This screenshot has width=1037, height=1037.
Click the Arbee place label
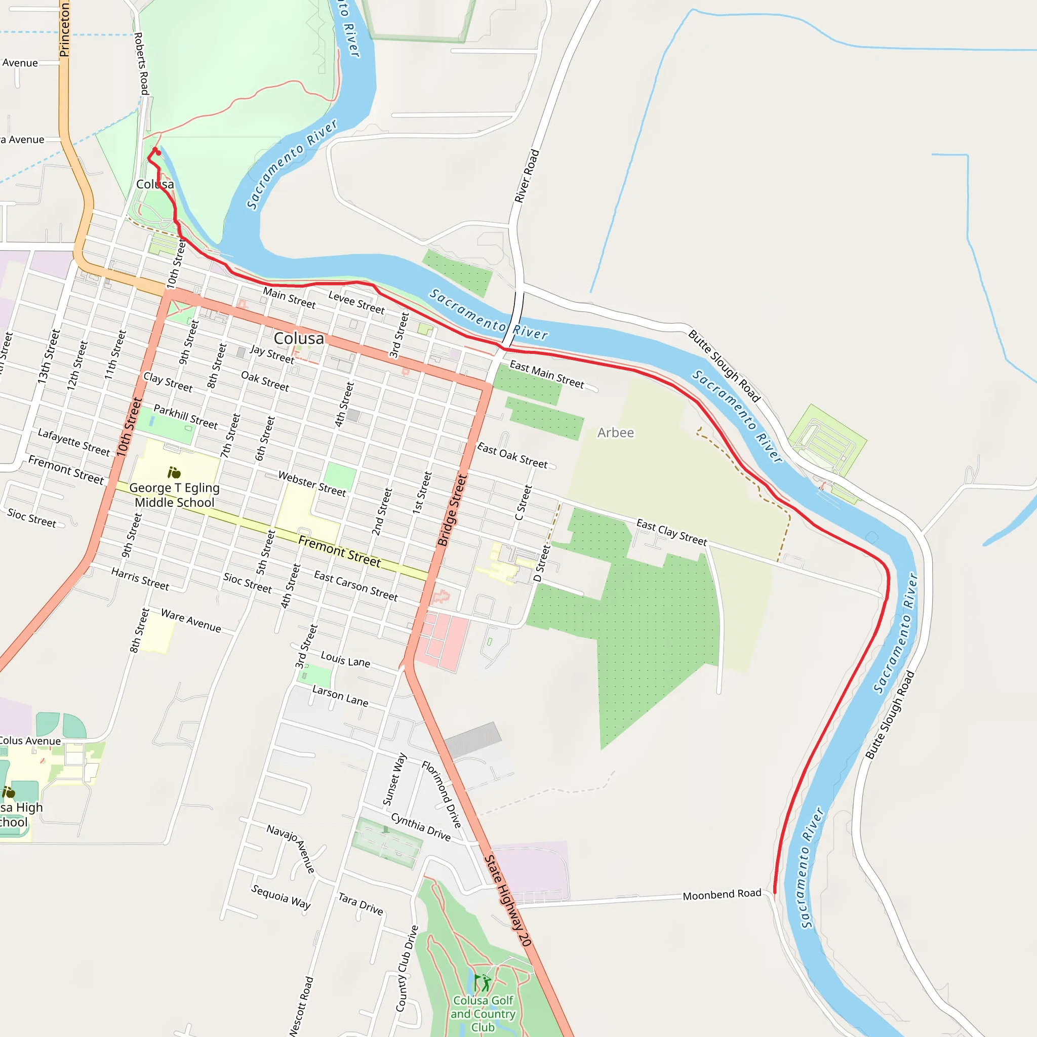[615, 432]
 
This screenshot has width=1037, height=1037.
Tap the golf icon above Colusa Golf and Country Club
[482, 983]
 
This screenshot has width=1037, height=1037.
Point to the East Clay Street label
[671, 531]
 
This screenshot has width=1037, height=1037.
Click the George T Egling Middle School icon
[174, 472]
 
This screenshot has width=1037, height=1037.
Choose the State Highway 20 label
[507, 901]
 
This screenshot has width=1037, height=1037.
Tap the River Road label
[527, 176]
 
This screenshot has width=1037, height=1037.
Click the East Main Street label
[546, 374]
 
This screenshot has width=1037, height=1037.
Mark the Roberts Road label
[141, 63]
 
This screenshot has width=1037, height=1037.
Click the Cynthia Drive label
[421, 826]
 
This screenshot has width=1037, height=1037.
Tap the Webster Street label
[312, 483]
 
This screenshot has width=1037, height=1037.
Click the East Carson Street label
[356, 586]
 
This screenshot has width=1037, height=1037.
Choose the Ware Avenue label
[190, 620]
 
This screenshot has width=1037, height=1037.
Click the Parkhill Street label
[186, 417]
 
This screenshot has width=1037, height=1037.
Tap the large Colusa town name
[299, 338]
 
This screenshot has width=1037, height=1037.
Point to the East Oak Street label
[512, 455]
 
